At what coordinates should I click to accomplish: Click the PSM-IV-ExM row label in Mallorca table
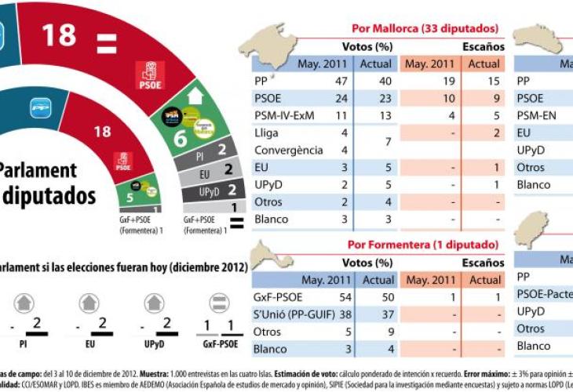tap(283, 116)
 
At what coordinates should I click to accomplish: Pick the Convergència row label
tap(288, 150)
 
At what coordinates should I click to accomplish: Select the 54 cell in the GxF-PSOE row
tap(340, 297)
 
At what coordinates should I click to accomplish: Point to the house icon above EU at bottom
tap(89, 303)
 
